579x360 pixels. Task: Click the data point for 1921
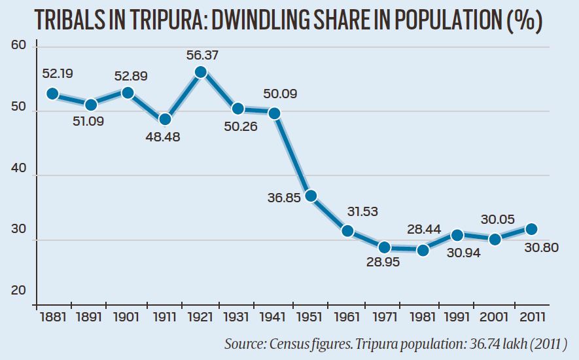click(202, 72)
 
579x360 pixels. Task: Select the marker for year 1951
click(311, 196)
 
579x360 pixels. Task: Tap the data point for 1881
click(53, 94)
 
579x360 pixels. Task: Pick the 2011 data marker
click(532, 229)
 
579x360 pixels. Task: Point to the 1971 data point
click(385, 247)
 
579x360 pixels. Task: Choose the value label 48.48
click(163, 137)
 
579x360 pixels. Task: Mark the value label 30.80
click(542, 249)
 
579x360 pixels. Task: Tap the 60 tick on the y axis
click(18, 45)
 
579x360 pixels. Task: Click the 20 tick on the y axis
click(18, 290)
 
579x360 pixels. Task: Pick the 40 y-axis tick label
click(18, 168)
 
